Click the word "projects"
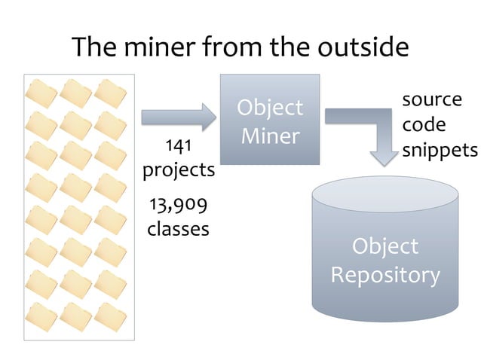[179, 169]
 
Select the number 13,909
[178, 203]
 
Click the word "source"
[431, 99]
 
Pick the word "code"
[424, 124]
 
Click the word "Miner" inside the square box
[270, 136]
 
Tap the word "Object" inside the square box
[270, 108]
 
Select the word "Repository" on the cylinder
[385, 275]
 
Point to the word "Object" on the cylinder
[385, 246]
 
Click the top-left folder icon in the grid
[41, 95]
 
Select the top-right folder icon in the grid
[111, 95]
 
